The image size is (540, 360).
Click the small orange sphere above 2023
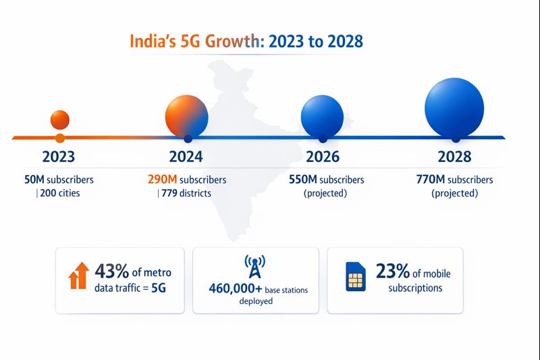(x=60, y=120)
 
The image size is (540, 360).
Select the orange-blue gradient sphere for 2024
(x=186, y=113)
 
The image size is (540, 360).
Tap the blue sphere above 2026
(x=322, y=113)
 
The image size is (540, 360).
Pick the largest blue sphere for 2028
(x=454, y=107)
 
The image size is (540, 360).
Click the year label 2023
(x=59, y=157)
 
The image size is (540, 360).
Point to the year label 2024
(x=186, y=157)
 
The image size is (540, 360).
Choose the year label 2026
(x=323, y=157)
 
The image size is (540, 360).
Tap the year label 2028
(x=454, y=157)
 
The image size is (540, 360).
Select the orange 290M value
(x=163, y=180)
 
